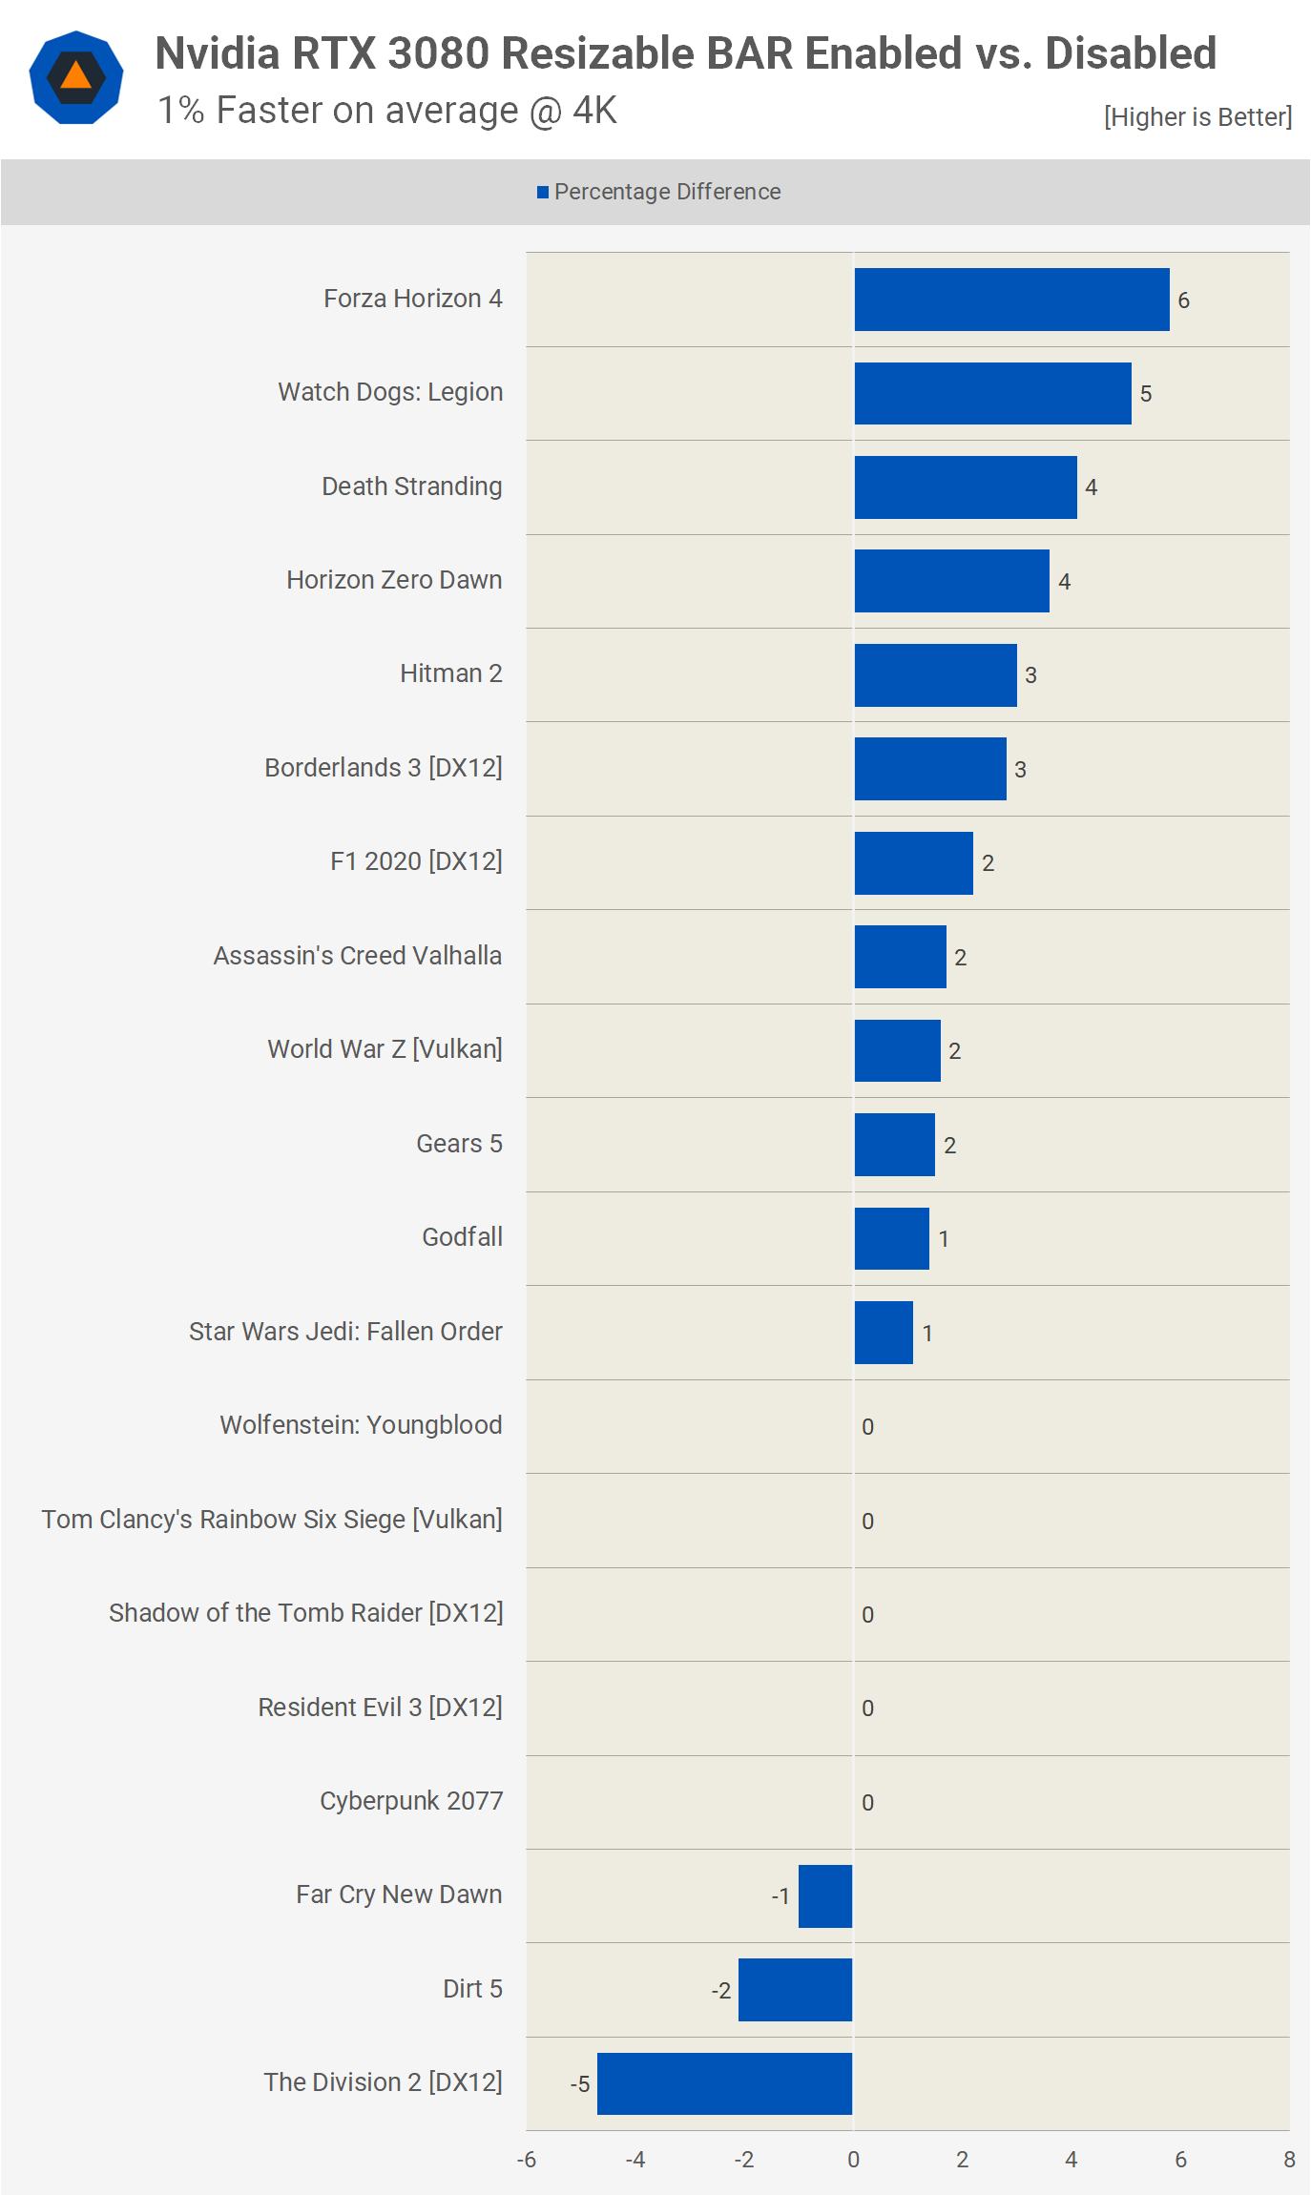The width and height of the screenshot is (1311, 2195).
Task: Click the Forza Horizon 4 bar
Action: point(1011,300)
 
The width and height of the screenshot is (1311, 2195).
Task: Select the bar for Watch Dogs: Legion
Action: point(992,393)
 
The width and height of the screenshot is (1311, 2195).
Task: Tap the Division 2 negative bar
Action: point(724,2083)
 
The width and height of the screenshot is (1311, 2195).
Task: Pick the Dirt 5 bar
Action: point(795,1990)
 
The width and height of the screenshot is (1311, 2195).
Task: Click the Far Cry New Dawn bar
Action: point(824,1895)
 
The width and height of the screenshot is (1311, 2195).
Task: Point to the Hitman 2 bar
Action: point(935,675)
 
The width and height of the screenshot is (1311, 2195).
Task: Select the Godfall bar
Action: point(891,1238)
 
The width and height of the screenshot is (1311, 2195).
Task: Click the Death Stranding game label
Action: point(411,487)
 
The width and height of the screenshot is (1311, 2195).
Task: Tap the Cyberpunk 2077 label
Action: point(410,1801)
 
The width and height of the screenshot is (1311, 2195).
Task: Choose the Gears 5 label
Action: point(459,1144)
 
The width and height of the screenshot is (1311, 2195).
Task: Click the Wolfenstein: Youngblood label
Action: point(361,1425)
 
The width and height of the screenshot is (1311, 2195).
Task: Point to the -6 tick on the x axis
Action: point(527,2160)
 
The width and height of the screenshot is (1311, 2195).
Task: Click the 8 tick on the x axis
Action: point(1289,2160)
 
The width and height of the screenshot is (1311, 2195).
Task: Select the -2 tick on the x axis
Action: point(744,2160)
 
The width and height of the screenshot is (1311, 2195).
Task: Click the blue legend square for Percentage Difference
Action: point(543,193)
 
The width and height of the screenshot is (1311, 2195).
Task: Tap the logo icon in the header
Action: point(76,78)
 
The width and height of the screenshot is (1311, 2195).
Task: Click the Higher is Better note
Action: point(1197,117)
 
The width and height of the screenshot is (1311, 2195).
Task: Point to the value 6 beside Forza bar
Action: point(1183,300)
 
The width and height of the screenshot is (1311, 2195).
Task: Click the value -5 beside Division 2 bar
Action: point(580,2084)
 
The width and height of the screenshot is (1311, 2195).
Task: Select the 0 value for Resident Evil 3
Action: point(867,1708)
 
